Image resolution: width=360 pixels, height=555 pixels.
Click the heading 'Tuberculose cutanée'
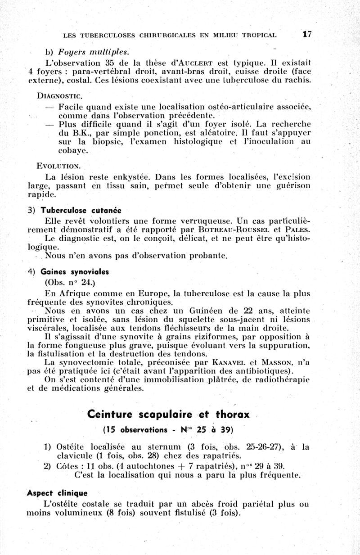pos(81,210)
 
